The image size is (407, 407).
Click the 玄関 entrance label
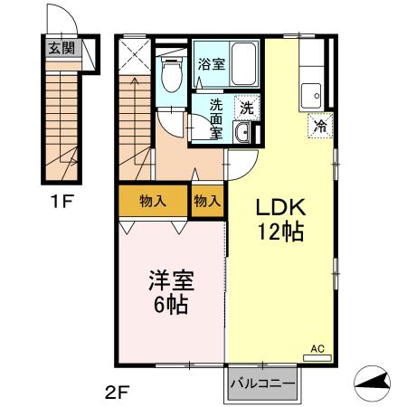coord(62,49)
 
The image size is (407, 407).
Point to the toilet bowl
coord(170,78)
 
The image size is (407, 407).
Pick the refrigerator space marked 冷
coord(319,126)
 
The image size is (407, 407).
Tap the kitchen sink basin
coord(315,92)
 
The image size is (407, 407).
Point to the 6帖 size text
coord(170,305)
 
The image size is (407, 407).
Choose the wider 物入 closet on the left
coord(153,201)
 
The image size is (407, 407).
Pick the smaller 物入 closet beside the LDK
coord(207,201)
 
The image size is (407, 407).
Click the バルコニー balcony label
coord(262,384)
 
